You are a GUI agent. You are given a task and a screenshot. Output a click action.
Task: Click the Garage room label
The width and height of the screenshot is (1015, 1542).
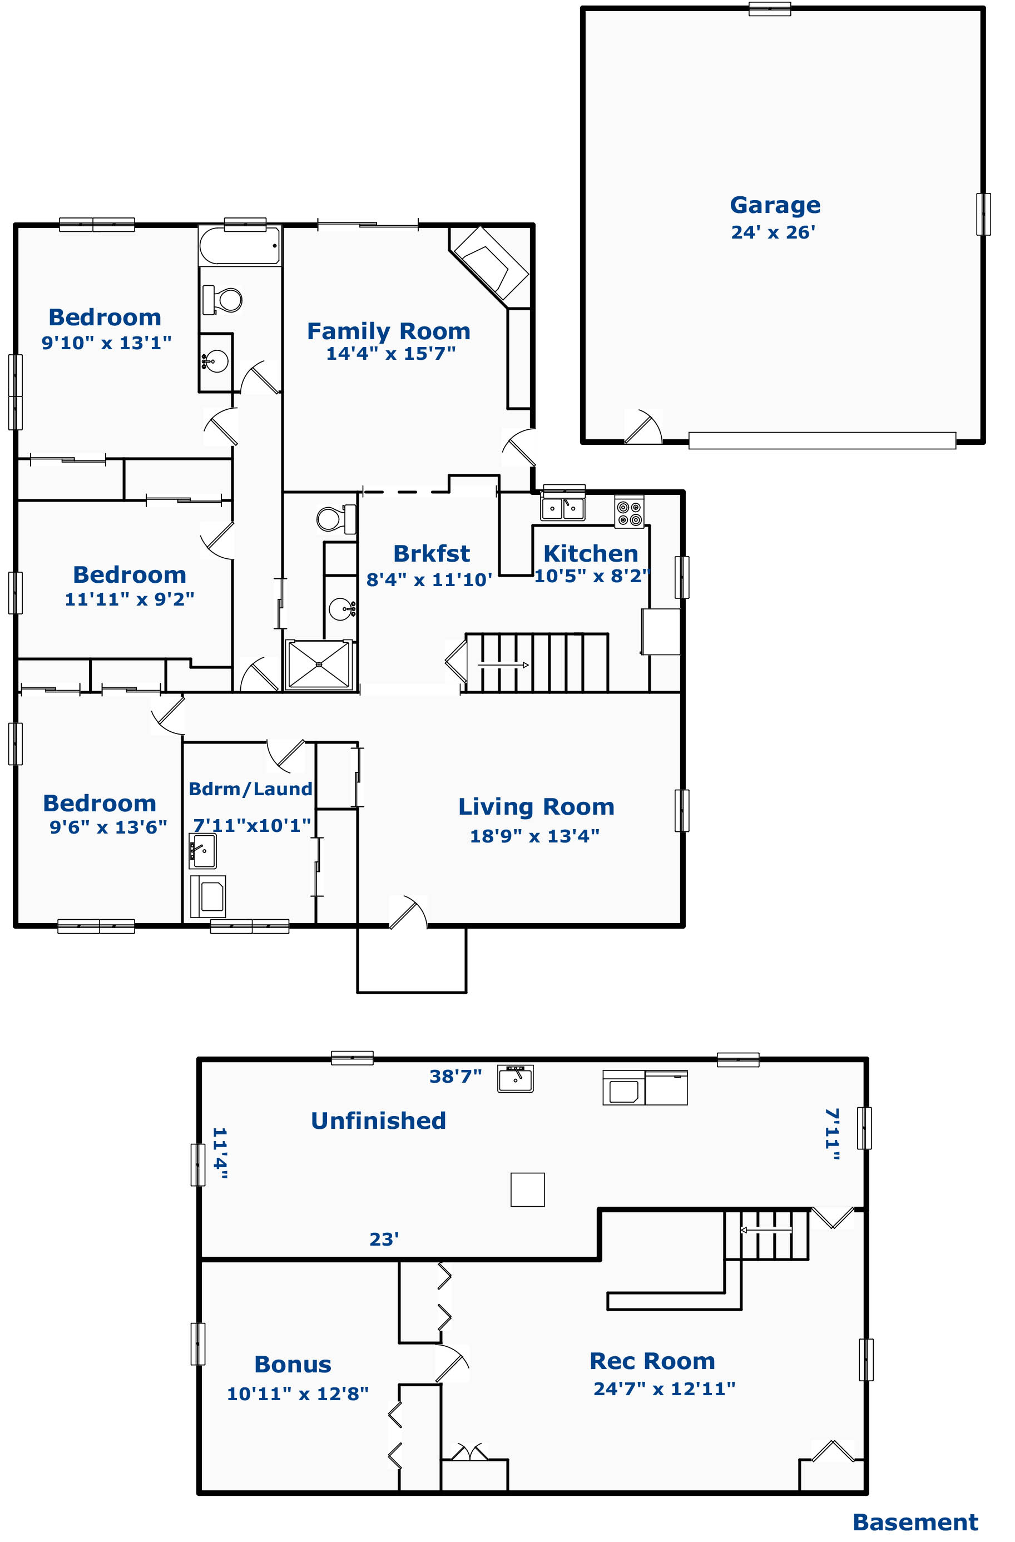pos(775,205)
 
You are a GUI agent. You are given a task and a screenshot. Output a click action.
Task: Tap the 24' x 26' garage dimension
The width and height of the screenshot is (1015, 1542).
pos(773,232)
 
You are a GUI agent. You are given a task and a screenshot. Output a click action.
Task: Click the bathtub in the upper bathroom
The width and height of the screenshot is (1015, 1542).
pos(240,246)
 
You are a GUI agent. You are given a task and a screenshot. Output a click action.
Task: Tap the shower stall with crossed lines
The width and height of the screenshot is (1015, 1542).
pos(319,665)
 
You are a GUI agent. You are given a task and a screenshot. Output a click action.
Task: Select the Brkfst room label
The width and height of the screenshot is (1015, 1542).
pos(431,554)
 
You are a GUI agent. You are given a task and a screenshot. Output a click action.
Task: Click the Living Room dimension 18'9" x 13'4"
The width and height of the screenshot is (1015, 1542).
pos(534,836)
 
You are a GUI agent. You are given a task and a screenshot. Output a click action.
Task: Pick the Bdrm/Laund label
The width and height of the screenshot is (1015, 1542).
pos(250,789)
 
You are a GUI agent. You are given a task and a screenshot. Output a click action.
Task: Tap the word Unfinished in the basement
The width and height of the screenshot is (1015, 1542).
pos(379,1120)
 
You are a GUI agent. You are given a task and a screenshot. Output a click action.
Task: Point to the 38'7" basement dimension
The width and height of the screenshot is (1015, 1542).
pos(455,1076)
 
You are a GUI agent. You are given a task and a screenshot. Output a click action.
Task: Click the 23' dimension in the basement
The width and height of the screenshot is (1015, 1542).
pos(384,1239)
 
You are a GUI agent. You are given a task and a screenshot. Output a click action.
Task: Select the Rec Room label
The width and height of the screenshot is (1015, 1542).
pos(652,1361)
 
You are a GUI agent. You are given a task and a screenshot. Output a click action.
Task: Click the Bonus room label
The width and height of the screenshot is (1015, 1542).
pos(293,1364)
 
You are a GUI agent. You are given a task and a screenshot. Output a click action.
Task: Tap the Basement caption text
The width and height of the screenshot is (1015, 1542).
pos(915,1522)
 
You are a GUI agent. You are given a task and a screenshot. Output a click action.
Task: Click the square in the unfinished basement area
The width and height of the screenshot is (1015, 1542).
pos(528,1189)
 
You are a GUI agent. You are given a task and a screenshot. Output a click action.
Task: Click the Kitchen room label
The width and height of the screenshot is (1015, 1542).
pos(591,554)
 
